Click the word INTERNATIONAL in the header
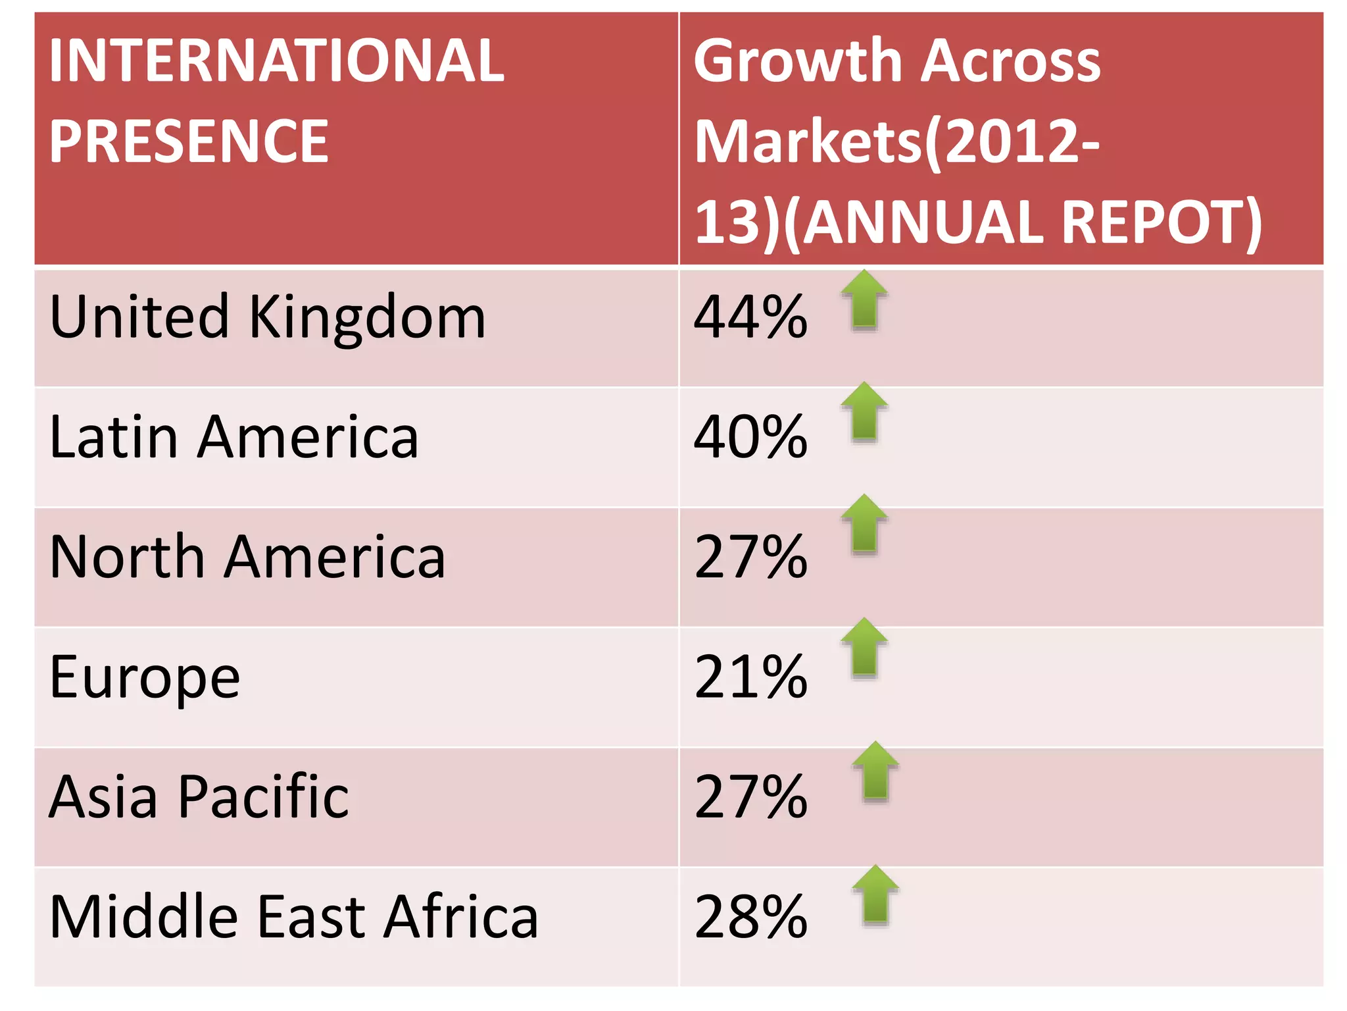click(276, 61)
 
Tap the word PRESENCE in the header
click(189, 142)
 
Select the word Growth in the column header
click(798, 61)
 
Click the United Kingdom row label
click(267, 317)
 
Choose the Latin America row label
click(233, 437)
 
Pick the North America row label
click(247, 557)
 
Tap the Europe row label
click(145, 678)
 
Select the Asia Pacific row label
click(199, 797)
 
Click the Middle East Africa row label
click(293, 917)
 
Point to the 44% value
click(750, 317)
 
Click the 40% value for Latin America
click(750, 437)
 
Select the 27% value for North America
click(750, 557)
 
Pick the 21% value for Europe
click(750, 678)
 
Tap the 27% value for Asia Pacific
click(750, 797)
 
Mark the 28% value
click(750, 917)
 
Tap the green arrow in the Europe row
click(864, 648)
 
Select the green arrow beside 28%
click(875, 895)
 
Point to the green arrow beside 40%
click(864, 412)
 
